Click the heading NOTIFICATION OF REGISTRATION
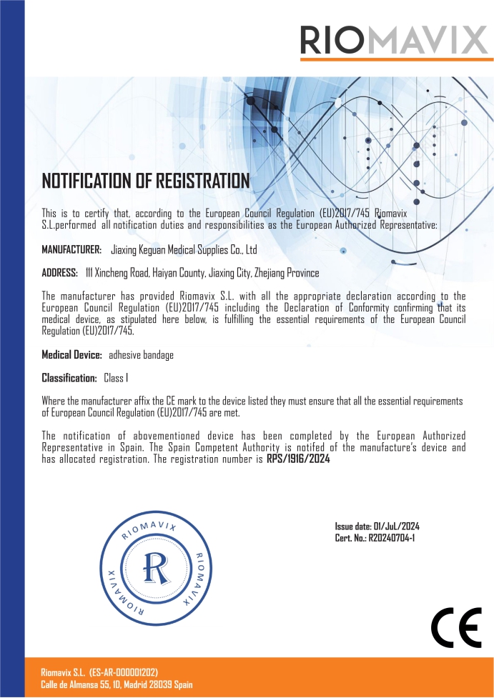(146, 181)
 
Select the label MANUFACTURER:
(71, 249)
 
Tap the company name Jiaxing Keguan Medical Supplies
(184, 249)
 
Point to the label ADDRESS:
(59, 273)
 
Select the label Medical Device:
(72, 354)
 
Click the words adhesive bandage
(141, 354)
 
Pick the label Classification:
(69, 377)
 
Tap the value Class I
(116, 377)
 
